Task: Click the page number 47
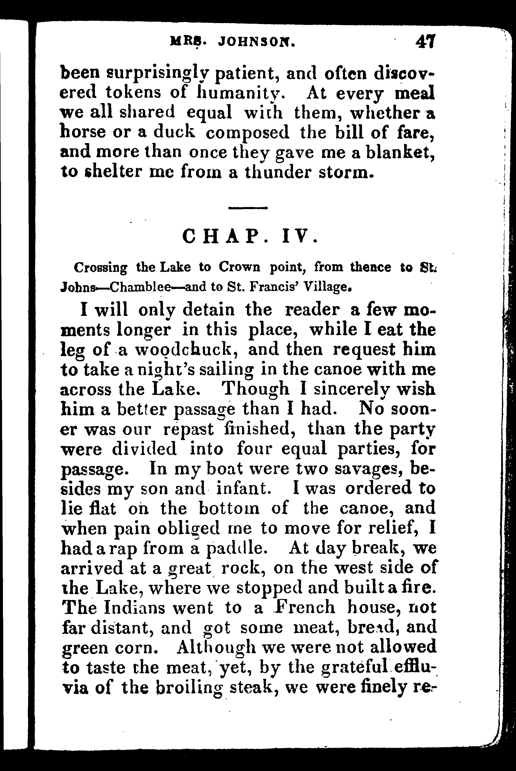pyautogui.click(x=426, y=42)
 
